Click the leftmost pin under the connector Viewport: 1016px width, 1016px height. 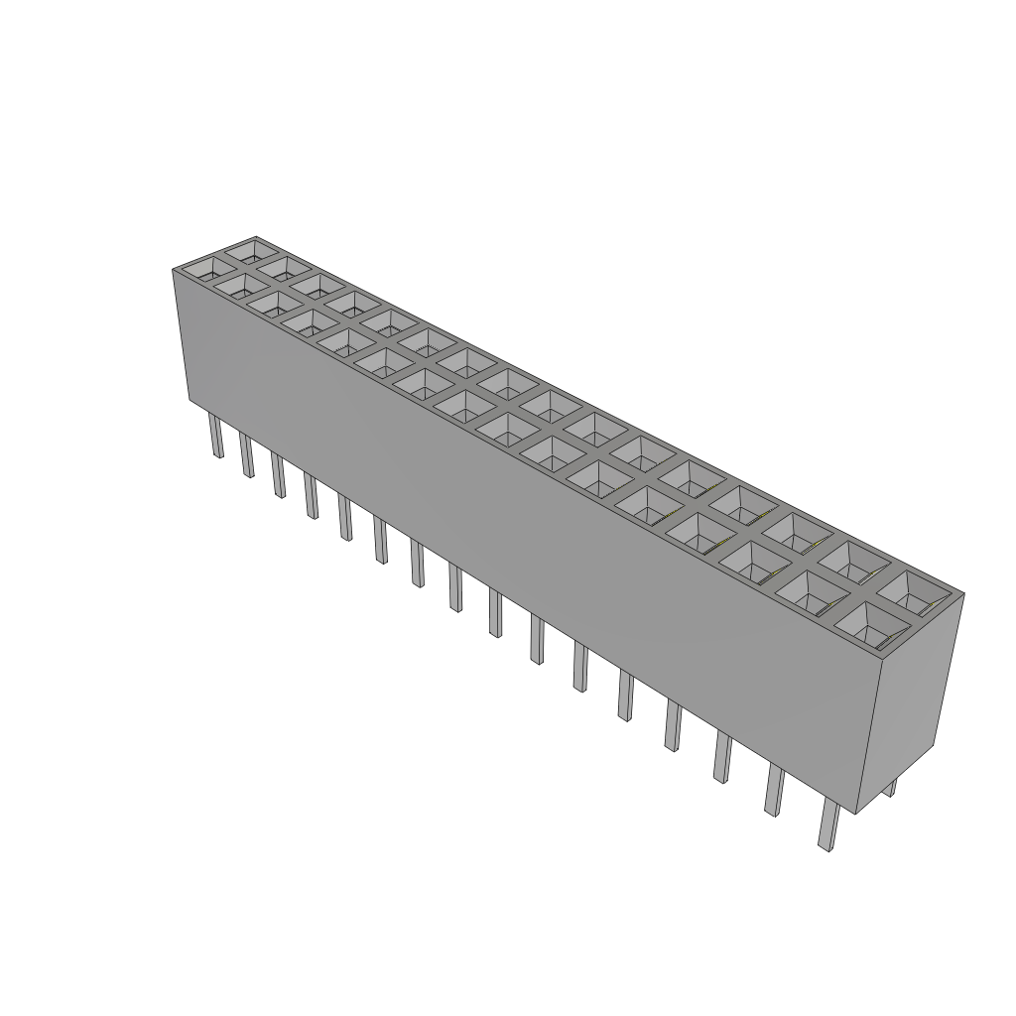tap(215, 438)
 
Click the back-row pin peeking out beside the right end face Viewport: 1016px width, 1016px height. tap(891, 788)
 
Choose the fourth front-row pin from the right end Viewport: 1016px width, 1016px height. tap(673, 727)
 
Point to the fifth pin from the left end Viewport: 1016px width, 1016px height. tap(344, 518)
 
